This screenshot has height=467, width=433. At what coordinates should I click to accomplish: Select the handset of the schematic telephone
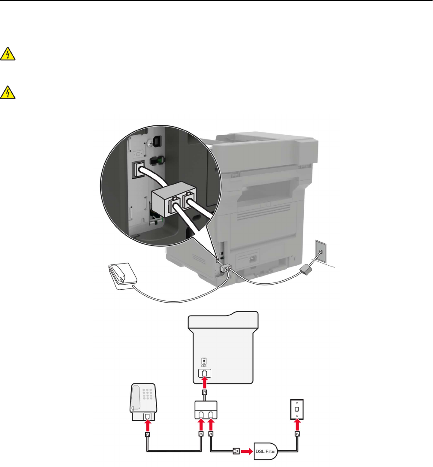(x=135, y=397)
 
